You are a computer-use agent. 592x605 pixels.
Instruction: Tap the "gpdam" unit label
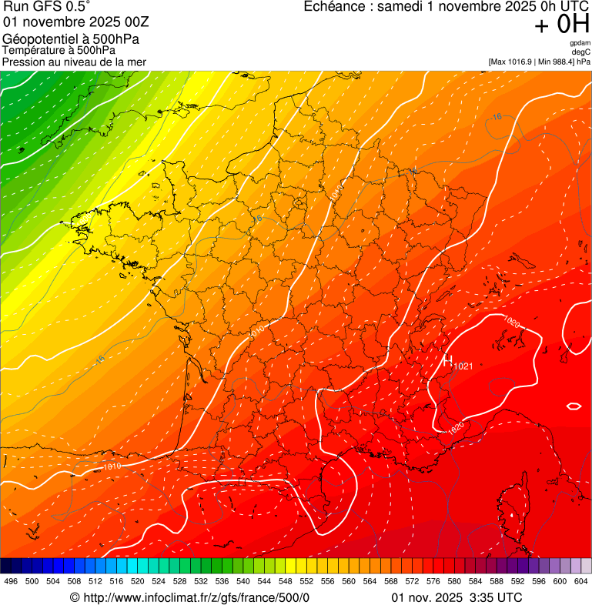(x=580, y=43)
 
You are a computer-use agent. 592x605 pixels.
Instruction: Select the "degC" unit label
(x=581, y=52)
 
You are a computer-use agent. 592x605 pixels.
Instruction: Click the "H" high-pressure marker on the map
(x=447, y=360)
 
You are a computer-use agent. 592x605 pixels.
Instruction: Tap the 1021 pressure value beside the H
(x=463, y=366)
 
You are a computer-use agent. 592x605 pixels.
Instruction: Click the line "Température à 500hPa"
(x=65, y=50)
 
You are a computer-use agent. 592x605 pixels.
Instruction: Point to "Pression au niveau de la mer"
(x=74, y=62)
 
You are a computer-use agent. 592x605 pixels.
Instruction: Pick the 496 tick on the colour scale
(x=11, y=581)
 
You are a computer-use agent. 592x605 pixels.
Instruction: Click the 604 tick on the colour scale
(x=581, y=581)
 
